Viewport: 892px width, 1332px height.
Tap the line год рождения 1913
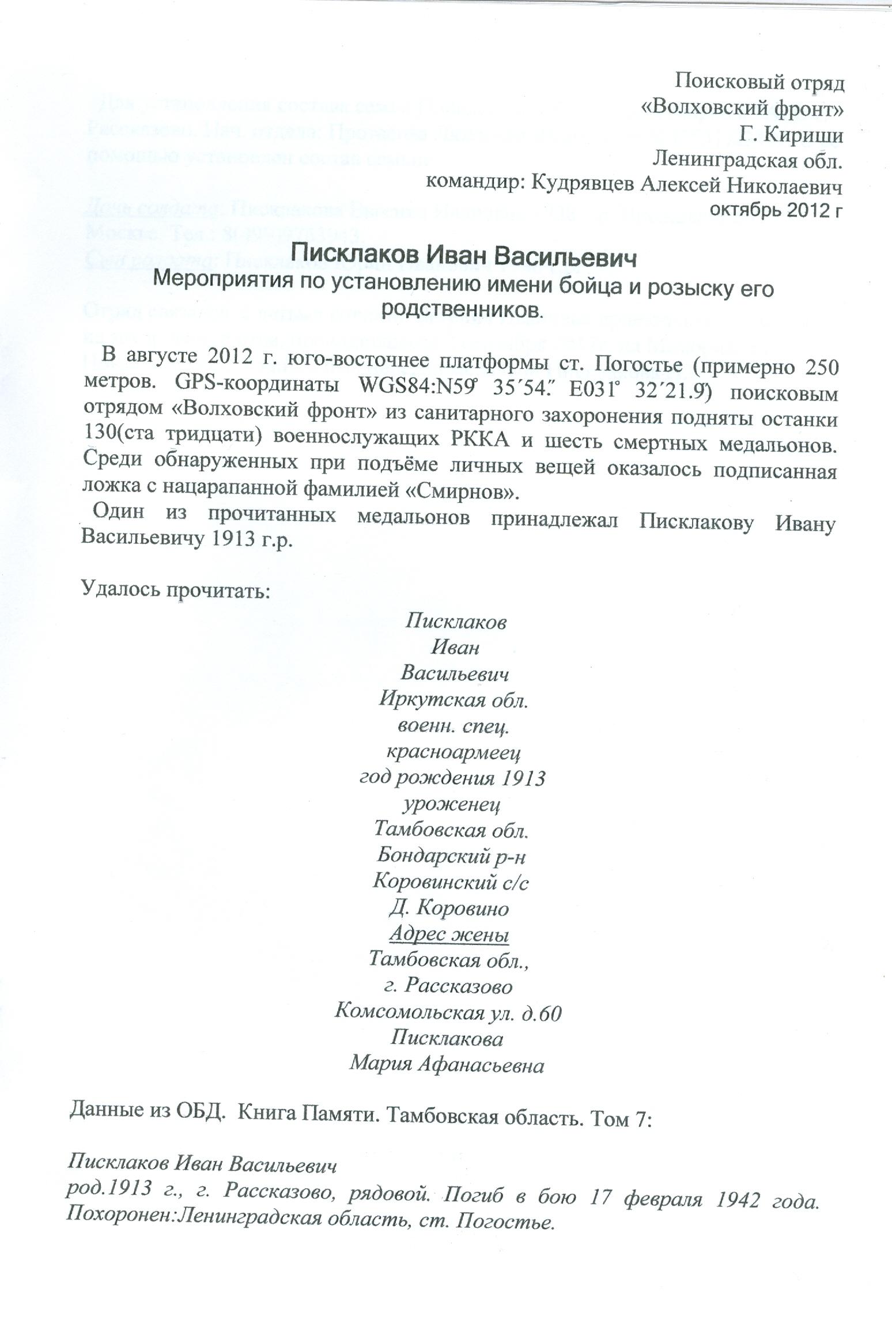click(x=452, y=779)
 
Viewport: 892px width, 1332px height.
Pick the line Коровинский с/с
click(x=451, y=881)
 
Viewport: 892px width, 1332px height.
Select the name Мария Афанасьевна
click(x=447, y=1064)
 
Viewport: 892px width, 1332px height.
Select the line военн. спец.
click(x=452, y=726)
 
